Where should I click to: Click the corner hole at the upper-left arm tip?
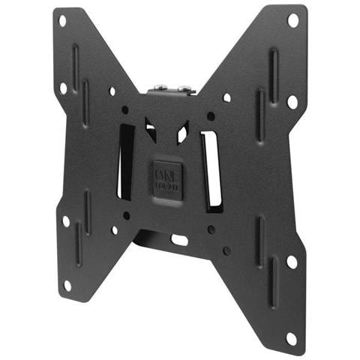pyautogui.click(x=62, y=21)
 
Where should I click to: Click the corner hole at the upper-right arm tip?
pyautogui.click(x=292, y=20)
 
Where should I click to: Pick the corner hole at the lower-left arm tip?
pyautogui.click(x=67, y=285)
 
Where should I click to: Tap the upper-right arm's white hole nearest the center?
pyautogui.click(x=227, y=97)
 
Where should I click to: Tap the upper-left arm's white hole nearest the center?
pyautogui.click(x=112, y=91)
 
